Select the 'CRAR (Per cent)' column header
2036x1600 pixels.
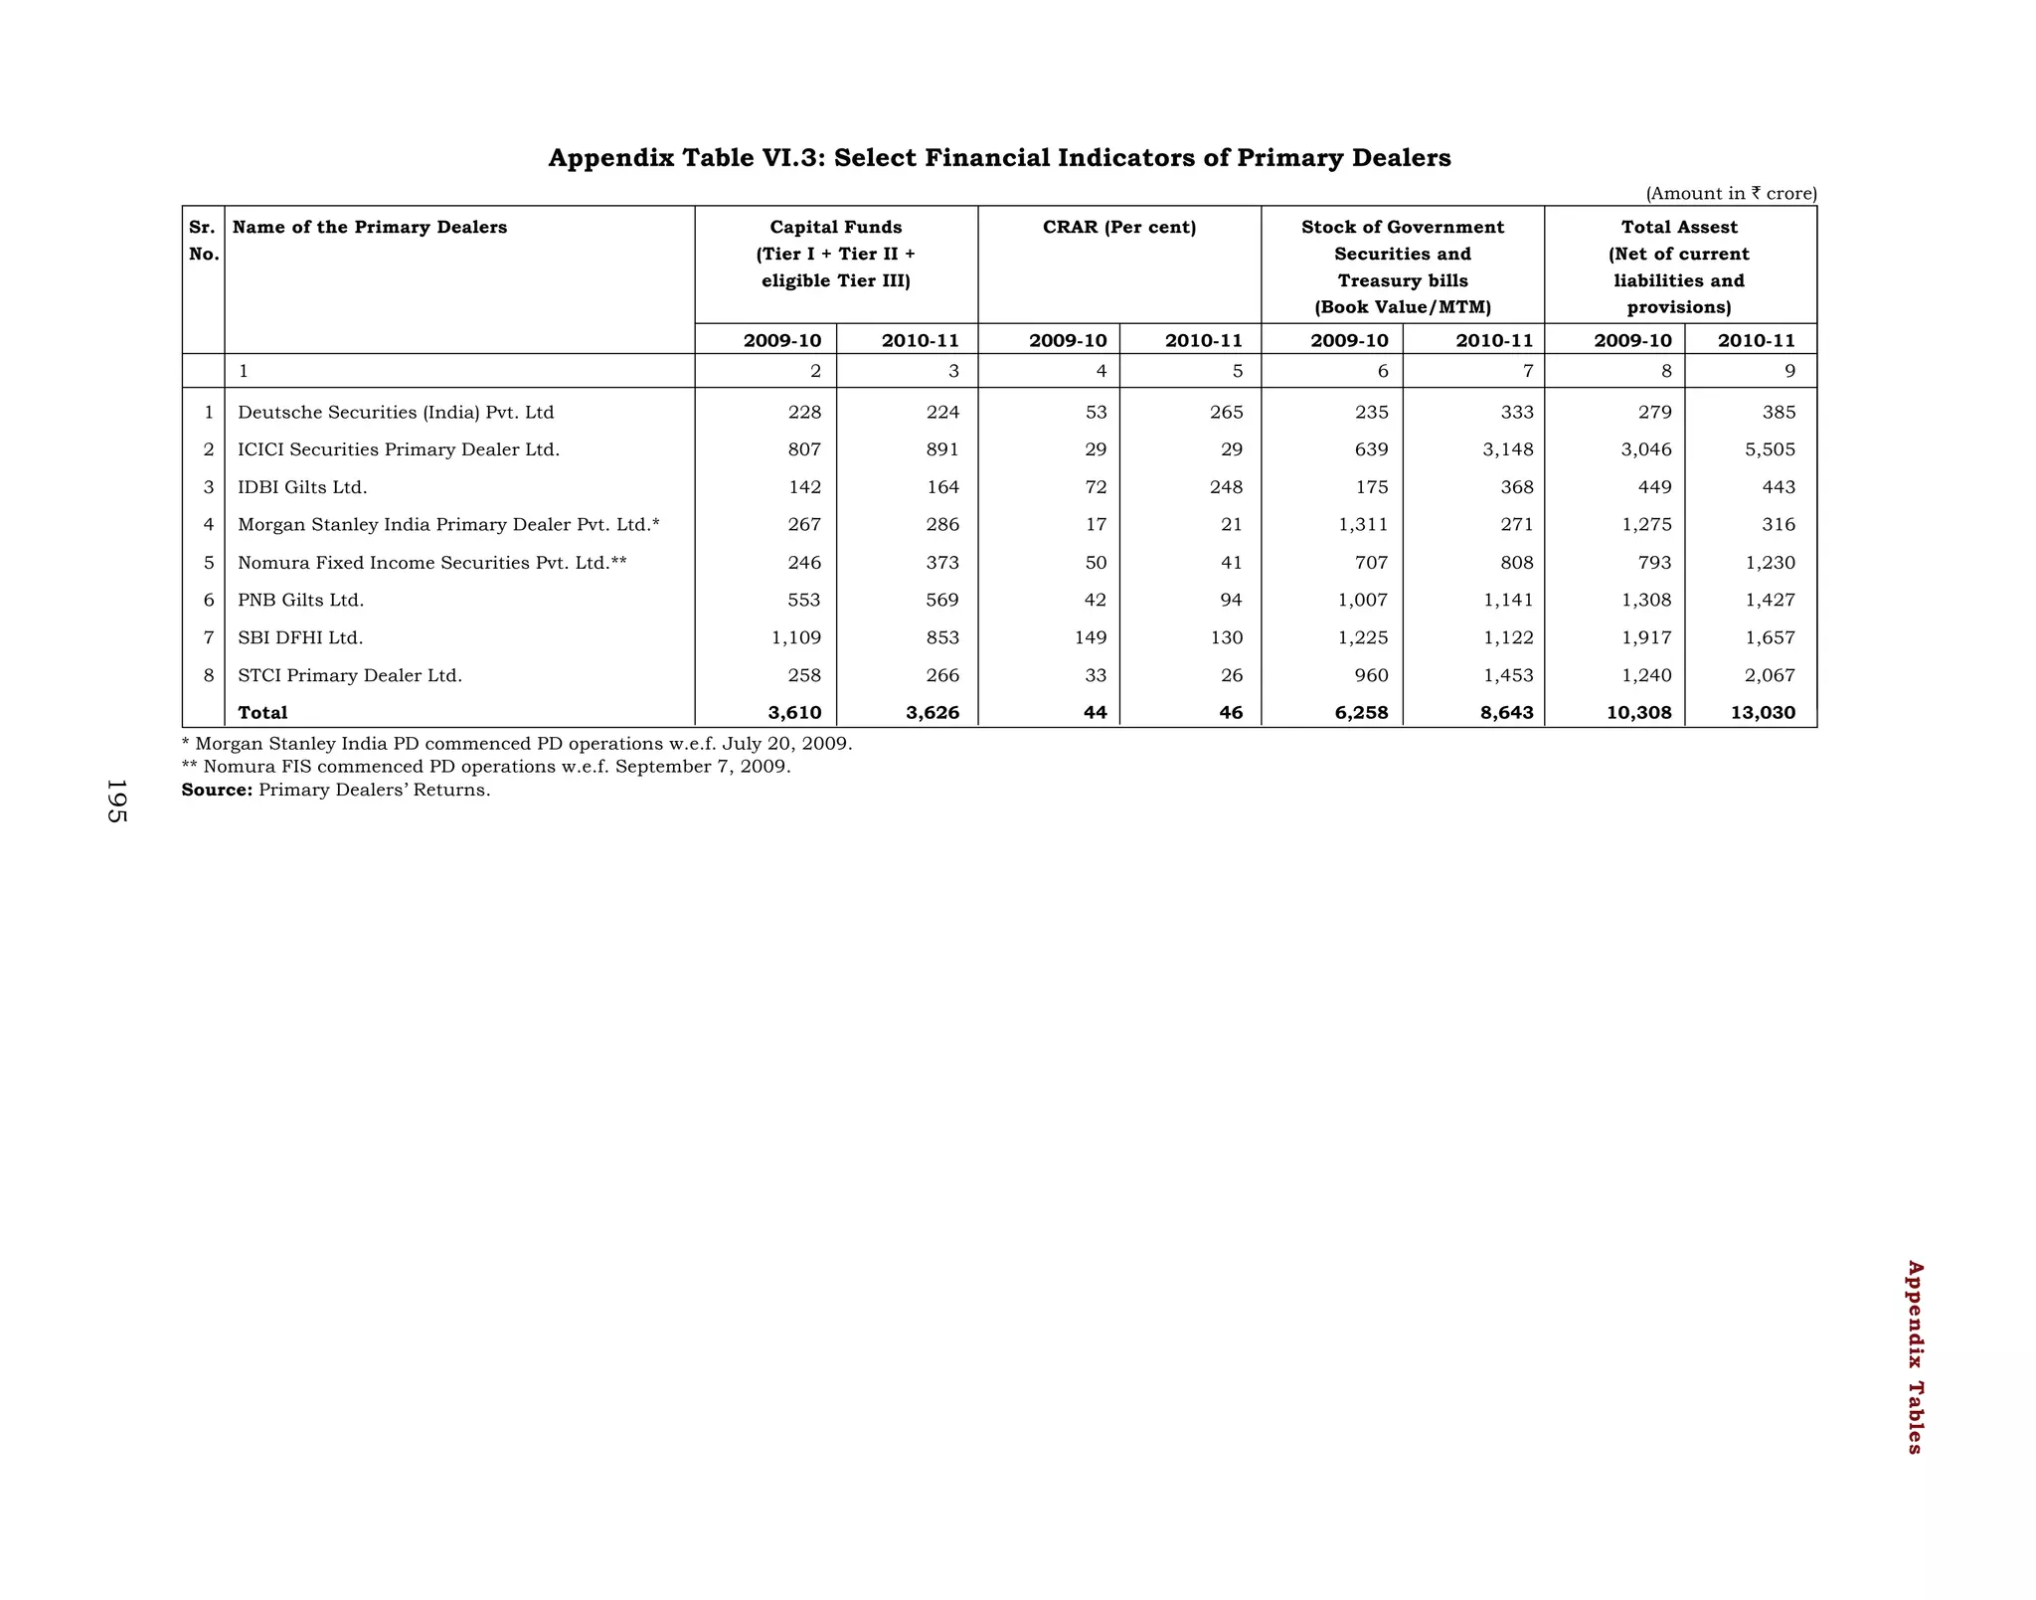(1119, 228)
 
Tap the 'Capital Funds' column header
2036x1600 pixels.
(835, 228)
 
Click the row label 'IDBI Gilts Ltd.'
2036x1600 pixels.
(302, 487)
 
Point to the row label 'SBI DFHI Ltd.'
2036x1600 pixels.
(300, 637)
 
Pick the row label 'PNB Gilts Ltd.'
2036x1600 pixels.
(300, 601)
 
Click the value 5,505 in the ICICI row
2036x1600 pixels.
(1770, 449)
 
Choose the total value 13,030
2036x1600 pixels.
(1763, 712)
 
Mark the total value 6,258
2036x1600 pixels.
(1360, 712)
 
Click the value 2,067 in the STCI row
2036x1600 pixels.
(1770, 675)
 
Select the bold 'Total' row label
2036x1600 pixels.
(262, 712)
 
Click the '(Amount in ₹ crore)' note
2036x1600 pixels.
(1731, 193)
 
